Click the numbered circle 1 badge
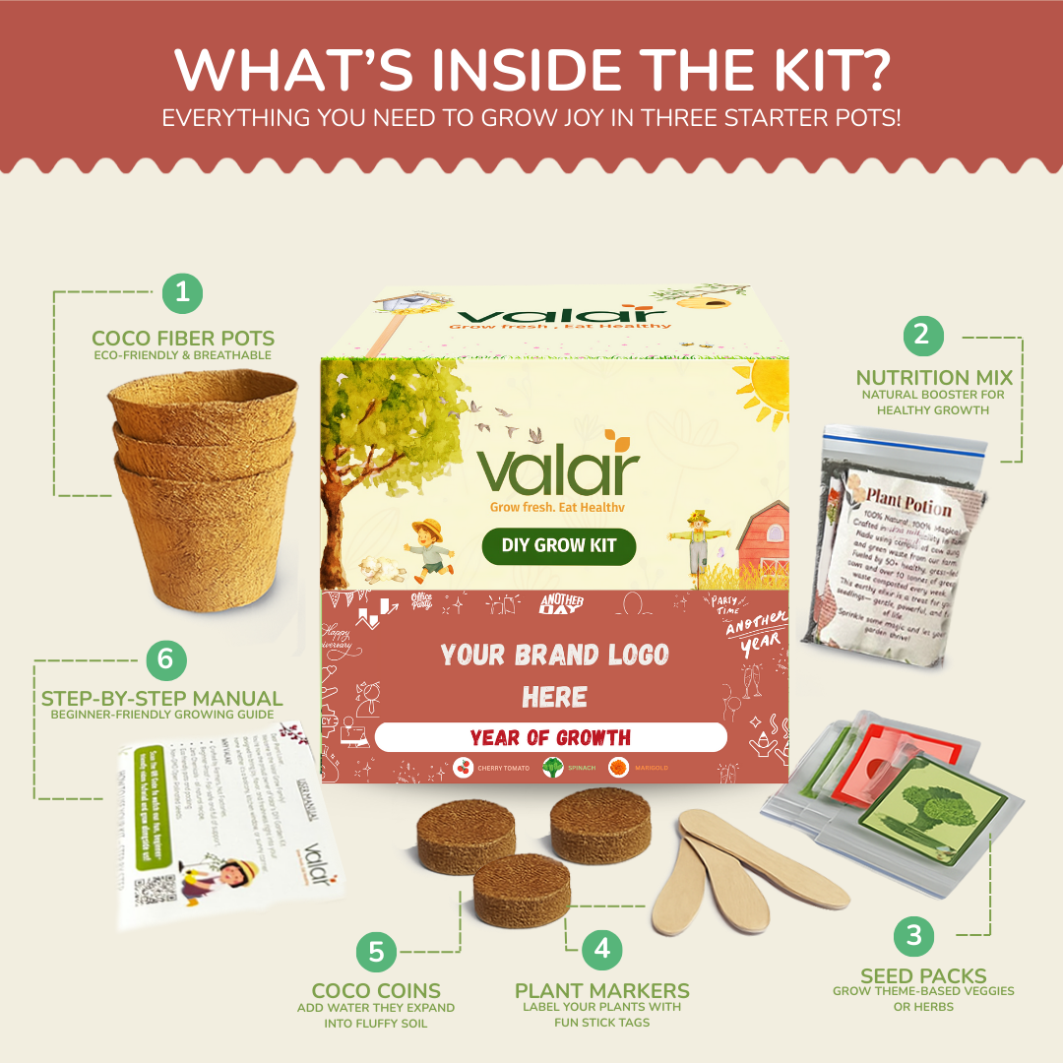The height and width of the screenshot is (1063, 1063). (x=182, y=291)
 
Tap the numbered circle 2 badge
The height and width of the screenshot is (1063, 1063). (x=922, y=335)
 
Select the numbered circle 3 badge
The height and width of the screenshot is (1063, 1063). (x=914, y=934)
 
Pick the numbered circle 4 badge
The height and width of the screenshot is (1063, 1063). (x=602, y=949)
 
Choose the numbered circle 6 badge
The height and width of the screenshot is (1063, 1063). (x=165, y=658)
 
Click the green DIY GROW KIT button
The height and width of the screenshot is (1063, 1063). (x=559, y=546)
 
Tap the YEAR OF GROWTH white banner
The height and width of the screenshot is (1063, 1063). (x=550, y=737)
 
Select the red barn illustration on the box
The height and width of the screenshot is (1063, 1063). (x=759, y=542)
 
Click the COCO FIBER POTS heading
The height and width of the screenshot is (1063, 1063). (x=183, y=338)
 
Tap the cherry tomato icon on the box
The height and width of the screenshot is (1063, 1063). (x=463, y=767)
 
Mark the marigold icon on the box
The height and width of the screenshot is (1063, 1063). (x=618, y=767)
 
